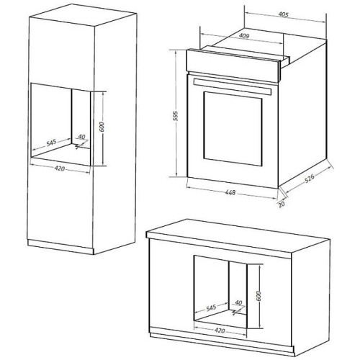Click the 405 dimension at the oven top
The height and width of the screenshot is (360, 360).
click(283, 14)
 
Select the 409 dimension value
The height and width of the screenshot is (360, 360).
click(244, 36)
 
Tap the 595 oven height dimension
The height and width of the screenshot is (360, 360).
click(176, 116)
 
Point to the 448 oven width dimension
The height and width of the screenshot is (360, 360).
click(230, 192)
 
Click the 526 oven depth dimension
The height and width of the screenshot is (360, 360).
click(310, 179)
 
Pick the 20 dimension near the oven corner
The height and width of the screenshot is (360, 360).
click(282, 204)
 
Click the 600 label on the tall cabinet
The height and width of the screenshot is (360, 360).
click(102, 127)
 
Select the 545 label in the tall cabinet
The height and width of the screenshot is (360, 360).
click(51, 143)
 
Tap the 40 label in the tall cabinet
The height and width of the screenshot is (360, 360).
click(82, 137)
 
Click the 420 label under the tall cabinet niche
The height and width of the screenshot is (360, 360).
click(60, 168)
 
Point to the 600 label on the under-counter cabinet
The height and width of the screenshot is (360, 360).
click(258, 296)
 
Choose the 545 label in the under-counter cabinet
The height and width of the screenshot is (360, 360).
click(211, 307)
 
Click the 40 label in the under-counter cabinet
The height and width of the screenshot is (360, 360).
click(238, 303)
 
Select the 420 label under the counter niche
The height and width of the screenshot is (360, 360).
click(220, 330)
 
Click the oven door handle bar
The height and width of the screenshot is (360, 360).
click(233, 86)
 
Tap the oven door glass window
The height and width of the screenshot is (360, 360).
click(233, 129)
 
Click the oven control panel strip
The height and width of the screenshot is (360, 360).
click(233, 66)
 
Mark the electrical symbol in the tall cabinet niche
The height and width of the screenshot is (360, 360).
click(78, 146)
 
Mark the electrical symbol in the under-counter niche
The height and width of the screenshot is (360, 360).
click(235, 312)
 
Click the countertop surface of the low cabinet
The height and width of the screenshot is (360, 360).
click(238, 236)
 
